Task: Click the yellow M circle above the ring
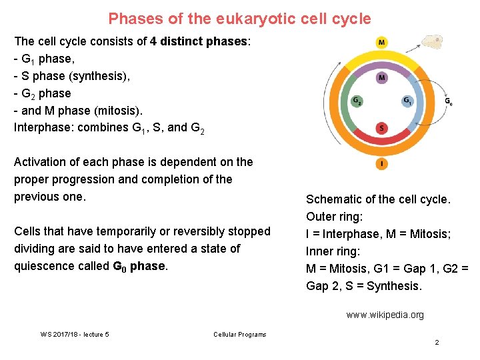click(381, 43)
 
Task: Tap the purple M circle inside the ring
click(381, 78)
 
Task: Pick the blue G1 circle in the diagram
click(407, 101)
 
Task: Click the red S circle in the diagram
click(381, 127)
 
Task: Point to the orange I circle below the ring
click(381, 163)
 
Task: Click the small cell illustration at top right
click(434, 43)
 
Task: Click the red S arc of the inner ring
click(381, 138)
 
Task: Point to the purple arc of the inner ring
click(381, 67)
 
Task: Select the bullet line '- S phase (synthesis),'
click(73, 76)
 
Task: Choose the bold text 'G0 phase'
click(139, 266)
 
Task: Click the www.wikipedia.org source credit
click(385, 315)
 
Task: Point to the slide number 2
click(437, 342)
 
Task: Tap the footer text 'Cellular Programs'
click(239, 334)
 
